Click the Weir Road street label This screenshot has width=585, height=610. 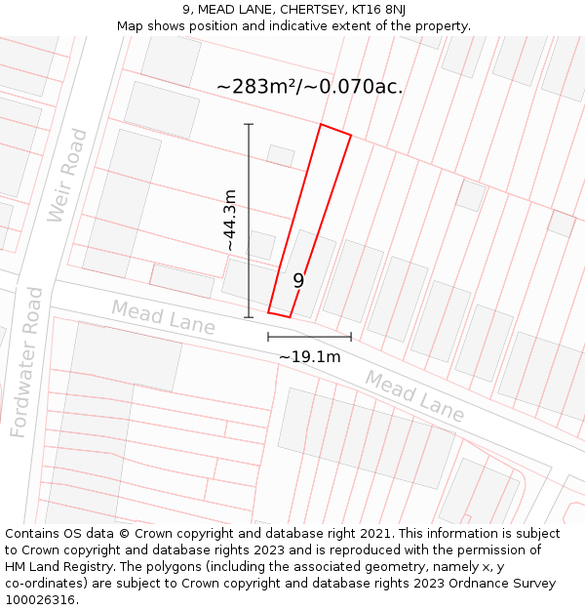pos(67,176)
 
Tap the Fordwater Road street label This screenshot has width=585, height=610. pos(27,361)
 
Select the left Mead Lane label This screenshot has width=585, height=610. pos(163,317)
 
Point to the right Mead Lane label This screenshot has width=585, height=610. pos(414,395)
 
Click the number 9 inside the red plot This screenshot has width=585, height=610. pos(298,280)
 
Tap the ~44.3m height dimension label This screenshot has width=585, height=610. pos(230,221)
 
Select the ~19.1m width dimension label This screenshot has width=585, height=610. pos(309,356)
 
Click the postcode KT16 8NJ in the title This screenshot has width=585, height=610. pos(378,10)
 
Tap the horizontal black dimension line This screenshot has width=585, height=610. pos(309,337)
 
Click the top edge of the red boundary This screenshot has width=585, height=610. pos(335,130)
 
